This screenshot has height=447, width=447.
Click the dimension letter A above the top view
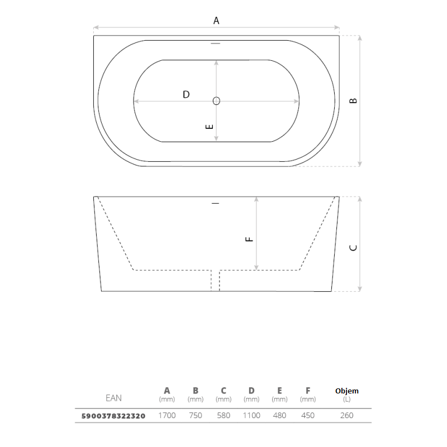[x=216, y=21]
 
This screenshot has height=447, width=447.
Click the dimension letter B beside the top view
[x=353, y=100]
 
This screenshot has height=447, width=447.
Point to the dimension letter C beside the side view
[x=353, y=248]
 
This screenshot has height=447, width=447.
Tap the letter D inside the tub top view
[x=186, y=94]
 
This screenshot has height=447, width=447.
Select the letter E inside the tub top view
[x=210, y=127]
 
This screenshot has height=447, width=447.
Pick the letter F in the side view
[x=249, y=239]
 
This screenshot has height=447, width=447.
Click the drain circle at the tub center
[x=216, y=101]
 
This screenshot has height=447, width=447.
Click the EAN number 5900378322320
[x=113, y=416]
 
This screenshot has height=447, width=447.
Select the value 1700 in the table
[x=167, y=415]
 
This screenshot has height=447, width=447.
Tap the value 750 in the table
[x=196, y=415]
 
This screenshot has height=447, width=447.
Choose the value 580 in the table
[x=223, y=415]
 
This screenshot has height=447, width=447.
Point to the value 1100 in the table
[x=251, y=415]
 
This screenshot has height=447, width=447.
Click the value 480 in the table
[x=279, y=415]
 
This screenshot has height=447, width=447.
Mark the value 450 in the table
[x=308, y=415]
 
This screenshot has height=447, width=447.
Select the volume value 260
[x=347, y=415]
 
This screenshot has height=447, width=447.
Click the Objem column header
[x=347, y=391]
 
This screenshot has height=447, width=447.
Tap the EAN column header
[x=113, y=398]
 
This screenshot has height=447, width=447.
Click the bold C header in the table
[x=223, y=391]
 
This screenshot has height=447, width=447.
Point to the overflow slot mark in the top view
[x=216, y=44]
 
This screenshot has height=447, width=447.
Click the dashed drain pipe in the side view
[x=215, y=281]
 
